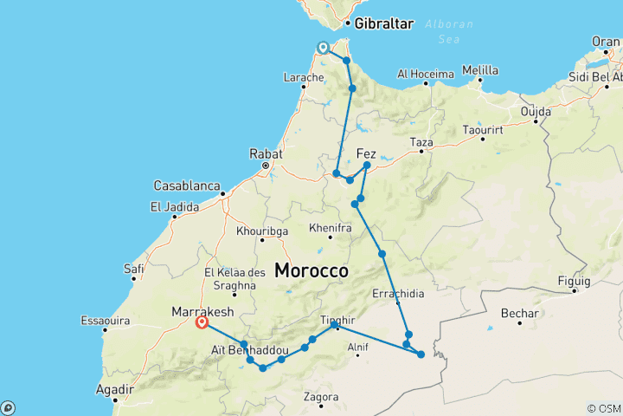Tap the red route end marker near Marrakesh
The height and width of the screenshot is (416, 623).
202,323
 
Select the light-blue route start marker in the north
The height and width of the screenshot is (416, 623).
323,49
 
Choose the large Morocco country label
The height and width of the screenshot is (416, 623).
311,270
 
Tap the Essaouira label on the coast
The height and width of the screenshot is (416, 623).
104,320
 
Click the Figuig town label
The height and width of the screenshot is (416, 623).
575,281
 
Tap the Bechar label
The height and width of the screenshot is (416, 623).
519,313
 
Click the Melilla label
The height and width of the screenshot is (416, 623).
480,70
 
